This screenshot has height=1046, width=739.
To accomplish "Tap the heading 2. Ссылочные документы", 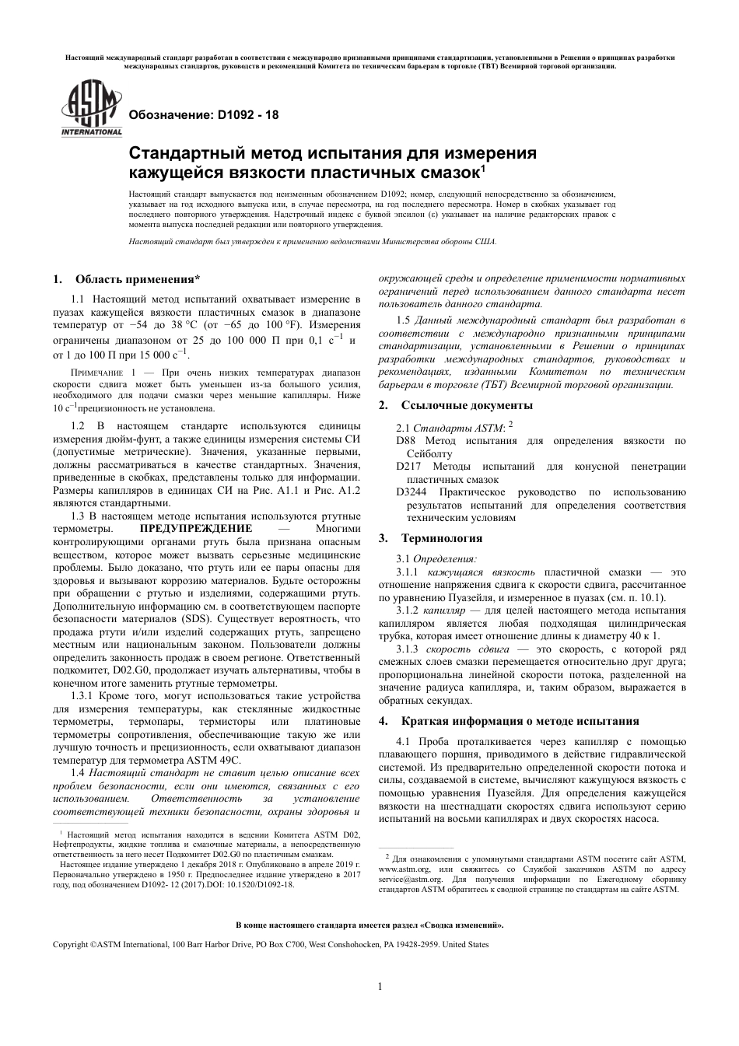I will click(456, 405).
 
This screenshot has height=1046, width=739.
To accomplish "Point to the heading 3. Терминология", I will click(431, 538).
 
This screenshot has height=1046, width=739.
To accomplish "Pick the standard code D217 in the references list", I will click(408, 467).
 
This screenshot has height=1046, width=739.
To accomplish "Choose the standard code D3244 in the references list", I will click(412, 492).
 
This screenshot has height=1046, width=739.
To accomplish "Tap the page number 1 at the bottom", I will click(380, 988).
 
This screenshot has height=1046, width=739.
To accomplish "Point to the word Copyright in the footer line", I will click(70, 944).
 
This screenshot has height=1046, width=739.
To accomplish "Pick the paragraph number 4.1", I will click(403, 741).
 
